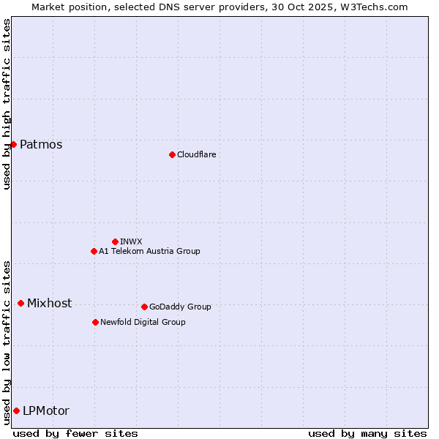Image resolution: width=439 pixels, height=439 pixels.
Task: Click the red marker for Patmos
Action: (13, 144)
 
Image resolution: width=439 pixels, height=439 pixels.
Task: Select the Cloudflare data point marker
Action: (172, 154)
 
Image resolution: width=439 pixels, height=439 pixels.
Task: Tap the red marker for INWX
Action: (115, 241)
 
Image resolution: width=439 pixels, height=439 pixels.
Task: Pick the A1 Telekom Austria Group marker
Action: (94, 251)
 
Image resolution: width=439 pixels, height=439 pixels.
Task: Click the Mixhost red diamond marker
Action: (20, 303)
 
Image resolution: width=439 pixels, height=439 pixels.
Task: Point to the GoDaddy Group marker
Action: (144, 307)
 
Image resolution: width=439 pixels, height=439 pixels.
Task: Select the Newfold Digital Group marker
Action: (95, 322)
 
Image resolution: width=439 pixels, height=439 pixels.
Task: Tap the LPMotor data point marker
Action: (16, 410)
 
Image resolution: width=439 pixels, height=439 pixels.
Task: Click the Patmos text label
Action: (41, 144)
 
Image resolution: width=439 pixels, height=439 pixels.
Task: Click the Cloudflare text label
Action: (196, 154)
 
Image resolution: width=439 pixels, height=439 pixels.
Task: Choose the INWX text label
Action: (131, 241)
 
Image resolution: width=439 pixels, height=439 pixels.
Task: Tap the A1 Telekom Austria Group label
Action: (149, 251)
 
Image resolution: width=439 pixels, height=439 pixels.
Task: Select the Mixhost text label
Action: (49, 303)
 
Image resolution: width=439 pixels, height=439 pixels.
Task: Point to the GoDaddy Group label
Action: (180, 307)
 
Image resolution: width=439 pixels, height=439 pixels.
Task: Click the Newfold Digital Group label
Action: (143, 322)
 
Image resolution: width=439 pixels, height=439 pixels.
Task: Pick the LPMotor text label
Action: (46, 410)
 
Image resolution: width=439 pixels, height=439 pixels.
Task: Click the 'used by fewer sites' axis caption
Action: (75, 433)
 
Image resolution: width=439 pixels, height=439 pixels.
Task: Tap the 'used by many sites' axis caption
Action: (367, 433)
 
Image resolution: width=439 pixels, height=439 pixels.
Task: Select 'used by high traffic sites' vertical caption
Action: (7, 103)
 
